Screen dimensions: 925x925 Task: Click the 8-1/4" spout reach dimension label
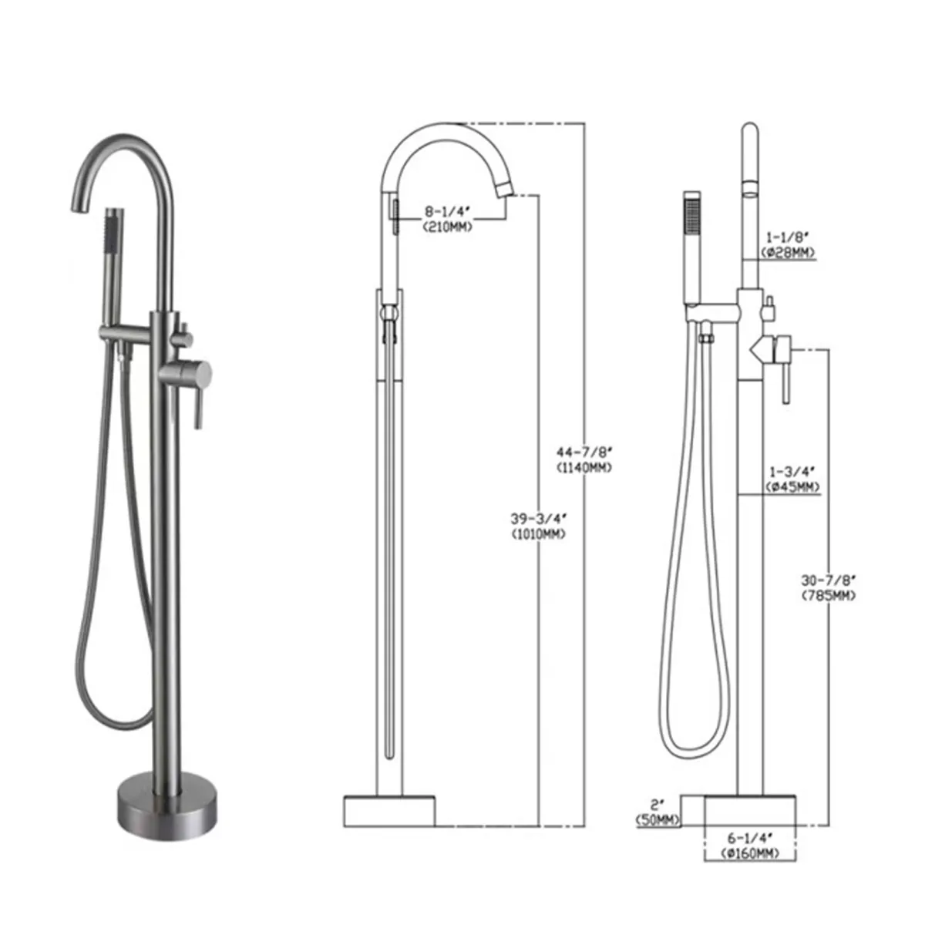(447, 211)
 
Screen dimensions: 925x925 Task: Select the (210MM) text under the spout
(447, 227)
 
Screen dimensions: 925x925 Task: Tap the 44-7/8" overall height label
(583, 452)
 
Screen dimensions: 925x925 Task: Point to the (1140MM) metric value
(583, 467)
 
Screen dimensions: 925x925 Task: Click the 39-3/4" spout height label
(537, 518)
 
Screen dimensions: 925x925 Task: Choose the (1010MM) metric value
(537, 533)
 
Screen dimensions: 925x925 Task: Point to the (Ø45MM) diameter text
(792, 486)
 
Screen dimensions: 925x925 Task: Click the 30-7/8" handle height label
(829, 580)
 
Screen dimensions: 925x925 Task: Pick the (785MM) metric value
(829, 595)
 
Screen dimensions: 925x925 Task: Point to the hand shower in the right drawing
(691, 247)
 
